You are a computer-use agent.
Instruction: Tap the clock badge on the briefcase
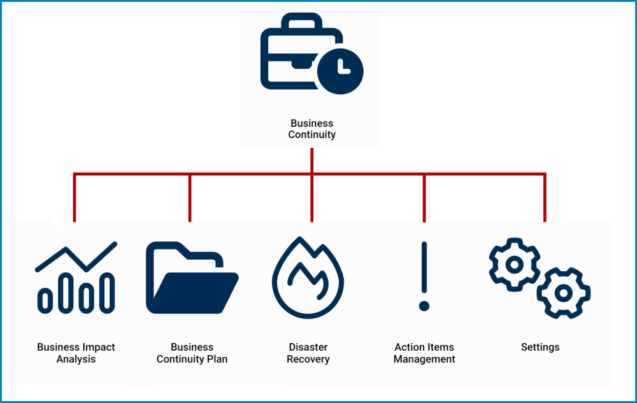click(x=340, y=70)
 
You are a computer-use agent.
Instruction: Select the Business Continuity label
click(x=311, y=129)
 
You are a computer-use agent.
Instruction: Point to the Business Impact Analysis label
click(x=76, y=353)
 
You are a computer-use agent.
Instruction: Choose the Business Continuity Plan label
click(x=192, y=353)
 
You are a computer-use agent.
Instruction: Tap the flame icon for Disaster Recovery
click(x=308, y=278)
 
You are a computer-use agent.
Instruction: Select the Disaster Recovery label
click(x=308, y=353)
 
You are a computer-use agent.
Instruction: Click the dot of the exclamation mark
click(x=424, y=306)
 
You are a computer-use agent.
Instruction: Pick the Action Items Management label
click(x=424, y=353)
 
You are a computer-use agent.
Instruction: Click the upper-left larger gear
click(x=514, y=264)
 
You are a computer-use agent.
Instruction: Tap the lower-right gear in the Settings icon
click(x=563, y=292)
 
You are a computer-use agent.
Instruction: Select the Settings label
click(x=540, y=348)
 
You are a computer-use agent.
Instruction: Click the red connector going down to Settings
click(x=545, y=197)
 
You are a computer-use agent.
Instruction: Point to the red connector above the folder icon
click(x=190, y=197)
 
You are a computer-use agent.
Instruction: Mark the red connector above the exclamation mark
click(x=424, y=197)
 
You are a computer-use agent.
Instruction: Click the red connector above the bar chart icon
click(x=75, y=197)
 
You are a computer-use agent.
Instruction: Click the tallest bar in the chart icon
click(x=109, y=293)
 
